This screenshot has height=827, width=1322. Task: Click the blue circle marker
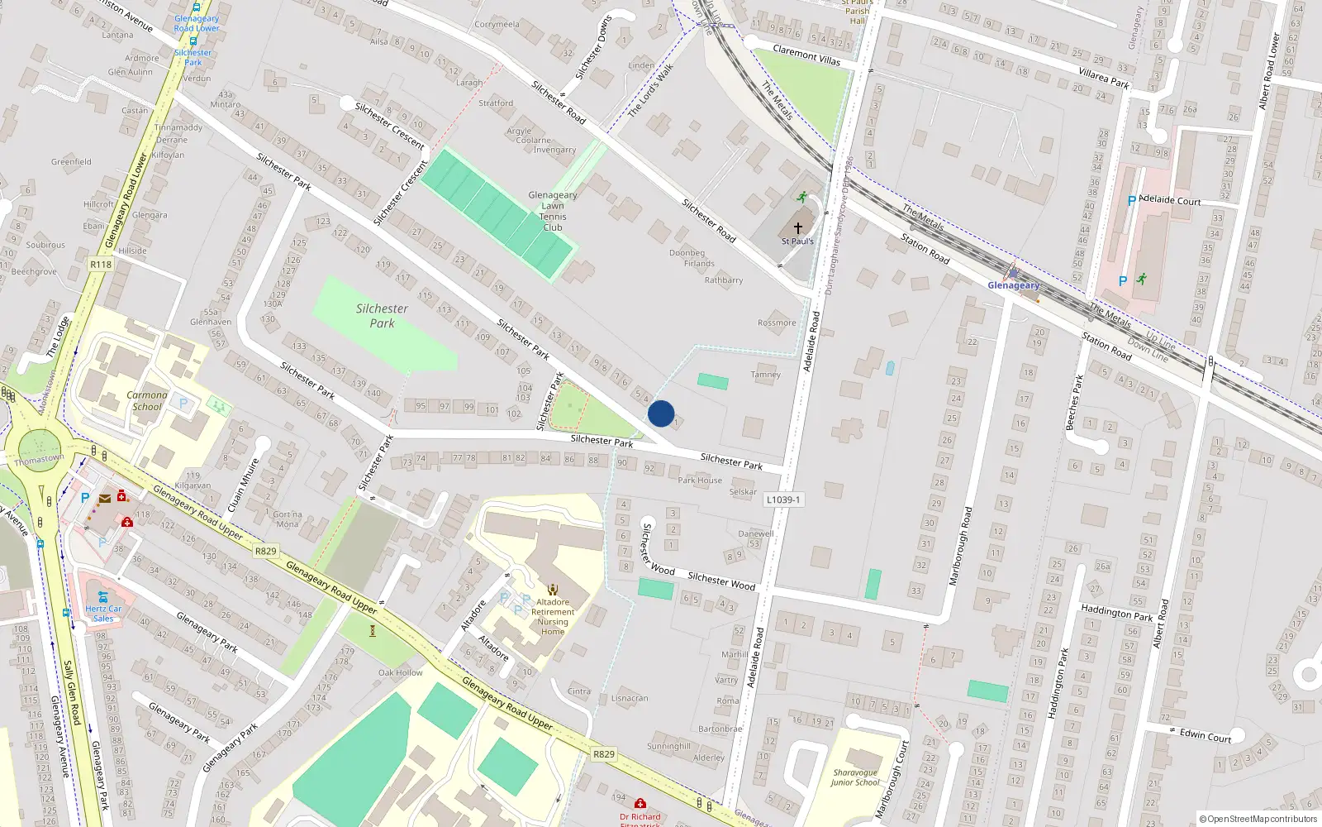[x=661, y=413]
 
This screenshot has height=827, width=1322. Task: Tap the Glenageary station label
[x=1013, y=285]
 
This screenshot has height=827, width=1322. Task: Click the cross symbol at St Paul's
[x=798, y=227]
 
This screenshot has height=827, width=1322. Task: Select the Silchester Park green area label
[x=382, y=316]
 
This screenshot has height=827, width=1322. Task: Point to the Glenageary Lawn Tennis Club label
[x=553, y=211]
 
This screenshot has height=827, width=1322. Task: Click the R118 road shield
[x=101, y=265]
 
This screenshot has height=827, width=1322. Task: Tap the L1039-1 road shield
[x=782, y=500]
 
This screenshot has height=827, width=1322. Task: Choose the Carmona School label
[x=147, y=400]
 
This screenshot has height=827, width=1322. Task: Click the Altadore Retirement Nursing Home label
[x=553, y=617]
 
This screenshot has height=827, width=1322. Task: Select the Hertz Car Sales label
[x=103, y=614]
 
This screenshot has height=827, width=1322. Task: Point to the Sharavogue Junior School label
[x=855, y=777]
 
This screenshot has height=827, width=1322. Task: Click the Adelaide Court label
[x=1170, y=200]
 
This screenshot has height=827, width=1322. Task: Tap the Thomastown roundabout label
[x=39, y=459]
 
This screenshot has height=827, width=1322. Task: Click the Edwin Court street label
[x=1205, y=735]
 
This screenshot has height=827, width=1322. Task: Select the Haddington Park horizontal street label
[x=1116, y=613]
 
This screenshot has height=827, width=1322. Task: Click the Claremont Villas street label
[x=806, y=55]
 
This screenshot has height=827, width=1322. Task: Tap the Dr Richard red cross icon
[x=640, y=804]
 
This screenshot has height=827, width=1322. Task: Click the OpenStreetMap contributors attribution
[x=1259, y=819]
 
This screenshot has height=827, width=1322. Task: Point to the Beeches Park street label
[x=1074, y=403]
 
